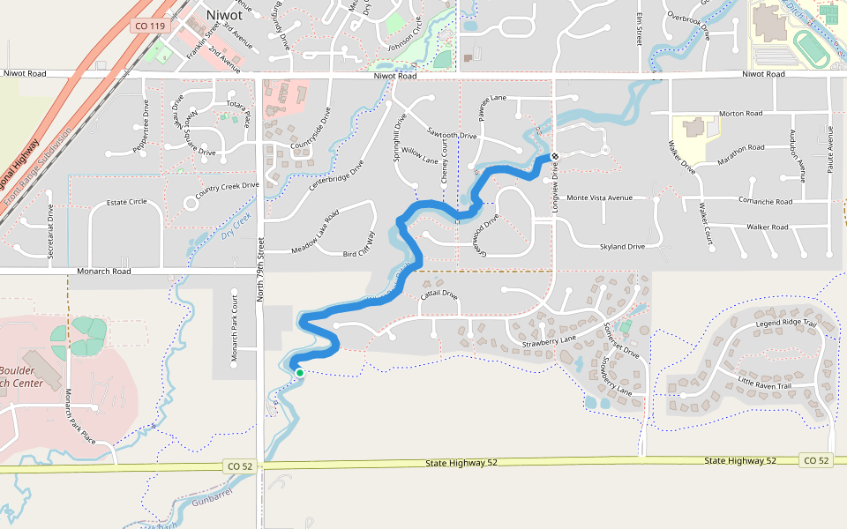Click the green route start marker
pos(300,373)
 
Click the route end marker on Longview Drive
pos(555,156)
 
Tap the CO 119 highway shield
pos(150,26)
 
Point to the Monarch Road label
pos(103,271)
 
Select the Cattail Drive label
pos(438,294)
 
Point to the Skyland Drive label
pos(622,247)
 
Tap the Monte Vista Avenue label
pos(600,197)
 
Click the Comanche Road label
pos(768,202)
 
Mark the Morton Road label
pos(740,114)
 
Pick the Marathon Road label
pos(739,148)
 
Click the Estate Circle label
pos(127,202)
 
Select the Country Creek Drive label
pos(228,186)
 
